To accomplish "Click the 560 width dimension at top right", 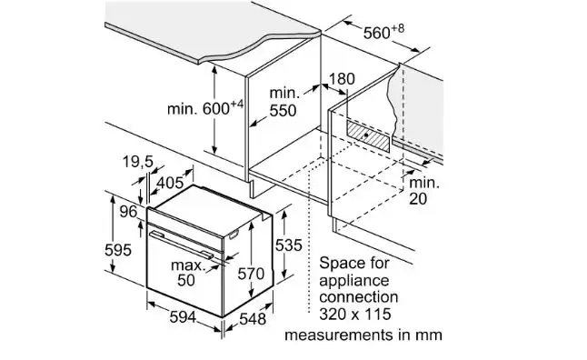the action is point(383,32).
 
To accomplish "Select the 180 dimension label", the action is point(342,79).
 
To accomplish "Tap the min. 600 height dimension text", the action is point(205,108).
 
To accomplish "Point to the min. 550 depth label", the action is point(284,102).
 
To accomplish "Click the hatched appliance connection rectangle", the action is point(368,136).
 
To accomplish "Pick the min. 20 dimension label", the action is point(424,191).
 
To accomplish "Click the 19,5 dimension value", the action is point(138,162).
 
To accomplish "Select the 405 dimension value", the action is point(170,183).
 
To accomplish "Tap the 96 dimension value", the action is point(128,212).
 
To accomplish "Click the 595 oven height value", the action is point(118,250).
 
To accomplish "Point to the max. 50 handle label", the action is point(188,273).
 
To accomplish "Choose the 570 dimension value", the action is point(251,274).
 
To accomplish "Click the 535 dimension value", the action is point(288,245).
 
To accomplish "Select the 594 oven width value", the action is point(183,317).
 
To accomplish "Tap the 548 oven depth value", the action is point(253,319).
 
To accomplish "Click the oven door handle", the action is point(181,245).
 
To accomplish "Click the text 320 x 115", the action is point(355,314).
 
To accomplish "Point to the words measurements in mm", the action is point(363,335).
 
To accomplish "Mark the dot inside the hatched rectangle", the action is point(366,135).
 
